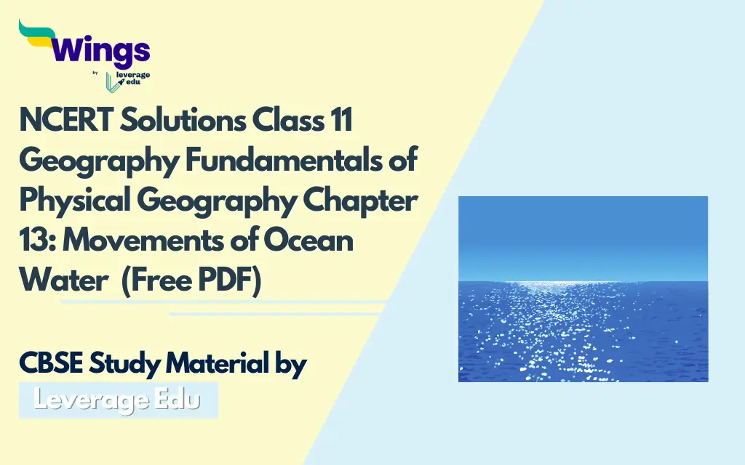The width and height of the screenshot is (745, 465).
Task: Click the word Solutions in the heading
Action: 183,120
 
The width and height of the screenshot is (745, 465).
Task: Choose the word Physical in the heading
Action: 75,201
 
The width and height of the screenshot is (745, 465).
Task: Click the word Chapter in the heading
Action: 360,201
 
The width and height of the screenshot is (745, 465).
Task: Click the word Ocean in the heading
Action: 308,240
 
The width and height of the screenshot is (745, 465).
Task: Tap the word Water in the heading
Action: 64,280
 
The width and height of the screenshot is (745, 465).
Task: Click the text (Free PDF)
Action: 191,281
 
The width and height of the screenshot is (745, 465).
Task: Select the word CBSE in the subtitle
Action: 51,364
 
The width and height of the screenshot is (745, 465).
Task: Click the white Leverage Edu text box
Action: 119,400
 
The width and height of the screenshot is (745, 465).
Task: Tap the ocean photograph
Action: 583,289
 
